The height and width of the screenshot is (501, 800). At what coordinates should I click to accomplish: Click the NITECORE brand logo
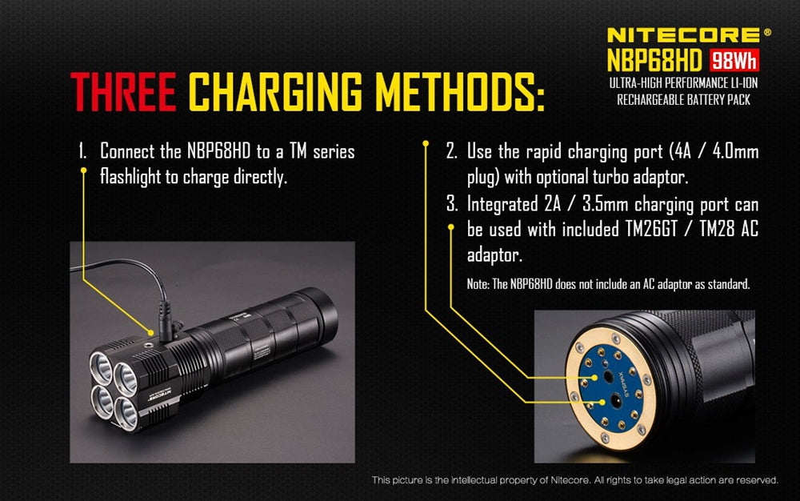(684, 34)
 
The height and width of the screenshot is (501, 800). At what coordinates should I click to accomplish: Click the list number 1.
(82, 151)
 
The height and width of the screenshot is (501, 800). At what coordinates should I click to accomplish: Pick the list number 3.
(452, 204)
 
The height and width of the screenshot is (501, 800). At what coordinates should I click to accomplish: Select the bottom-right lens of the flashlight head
(128, 410)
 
